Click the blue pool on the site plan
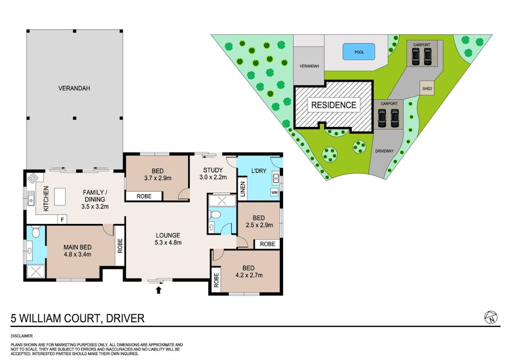(359, 52)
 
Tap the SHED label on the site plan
(427, 89)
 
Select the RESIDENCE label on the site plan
(334, 105)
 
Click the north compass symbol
(490, 317)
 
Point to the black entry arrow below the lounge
(158, 290)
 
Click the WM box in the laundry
(274, 193)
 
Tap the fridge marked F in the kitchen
(62, 220)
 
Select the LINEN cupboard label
(243, 189)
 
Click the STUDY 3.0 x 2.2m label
(213, 173)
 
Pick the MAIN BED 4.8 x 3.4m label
(78, 251)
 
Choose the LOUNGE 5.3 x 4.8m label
(168, 239)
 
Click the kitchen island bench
(60, 197)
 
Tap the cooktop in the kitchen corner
(33, 178)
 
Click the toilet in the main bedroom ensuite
(35, 231)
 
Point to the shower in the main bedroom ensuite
(35, 271)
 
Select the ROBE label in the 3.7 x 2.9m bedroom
(144, 196)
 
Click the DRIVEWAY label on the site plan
(384, 151)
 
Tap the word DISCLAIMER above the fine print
(22, 336)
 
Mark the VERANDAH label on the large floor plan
(74, 88)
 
